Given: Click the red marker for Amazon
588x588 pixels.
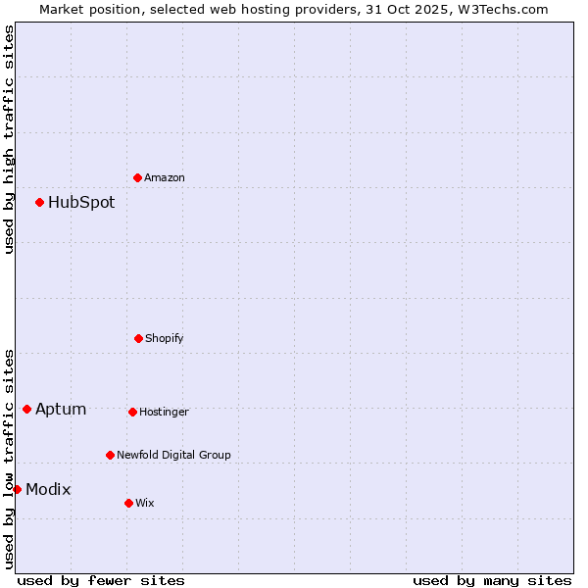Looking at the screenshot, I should click(x=137, y=177).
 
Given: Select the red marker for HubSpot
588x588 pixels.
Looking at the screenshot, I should click(x=39, y=202).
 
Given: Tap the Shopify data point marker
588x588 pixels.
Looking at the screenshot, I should click(x=138, y=338).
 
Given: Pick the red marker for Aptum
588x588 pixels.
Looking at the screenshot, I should click(x=26, y=409).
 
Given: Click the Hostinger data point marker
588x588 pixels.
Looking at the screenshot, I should click(x=132, y=412).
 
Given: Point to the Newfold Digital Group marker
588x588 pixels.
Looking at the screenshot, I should click(x=110, y=455).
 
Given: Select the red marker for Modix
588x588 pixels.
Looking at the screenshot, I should click(x=17, y=489).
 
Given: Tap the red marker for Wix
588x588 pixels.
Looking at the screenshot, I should click(x=128, y=503).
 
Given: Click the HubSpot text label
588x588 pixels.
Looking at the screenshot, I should click(x=81, y=203).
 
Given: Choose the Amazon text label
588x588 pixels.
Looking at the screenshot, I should click(x=165, y=178).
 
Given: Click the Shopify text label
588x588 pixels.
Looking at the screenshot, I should click(x=165, y=339).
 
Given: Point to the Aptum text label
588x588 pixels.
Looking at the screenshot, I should click(x=61, y=410).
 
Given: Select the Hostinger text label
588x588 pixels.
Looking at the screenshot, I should click(x=164, y=413).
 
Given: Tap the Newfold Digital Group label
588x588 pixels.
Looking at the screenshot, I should click(x=173, y=456).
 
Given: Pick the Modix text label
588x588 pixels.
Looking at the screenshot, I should click(x=48, y=490).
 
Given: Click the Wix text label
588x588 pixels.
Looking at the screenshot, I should click(x=145, y=504).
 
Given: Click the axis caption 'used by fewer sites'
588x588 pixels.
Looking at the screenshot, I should click(x=101, y=580).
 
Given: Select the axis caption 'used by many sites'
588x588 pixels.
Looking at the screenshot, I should click(x=492, y=580).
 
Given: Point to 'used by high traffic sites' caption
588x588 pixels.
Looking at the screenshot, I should click(x=9, y=140).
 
